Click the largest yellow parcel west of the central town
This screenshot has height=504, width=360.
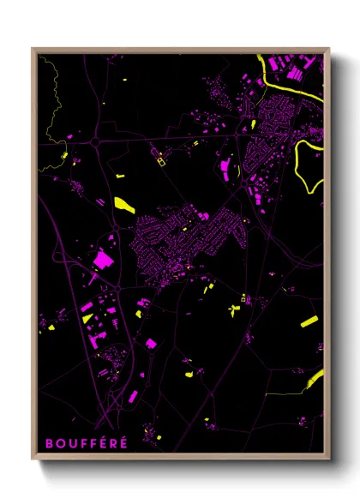[x=124, y=204]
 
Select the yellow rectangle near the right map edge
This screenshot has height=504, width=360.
[x=309, y=321]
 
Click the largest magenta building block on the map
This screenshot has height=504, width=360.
[x=103, y=258]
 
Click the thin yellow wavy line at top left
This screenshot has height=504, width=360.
[x=51, y=111]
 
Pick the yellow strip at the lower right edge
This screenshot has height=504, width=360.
[x=315, y=378]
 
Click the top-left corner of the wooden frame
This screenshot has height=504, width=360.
[x=33, y=49]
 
